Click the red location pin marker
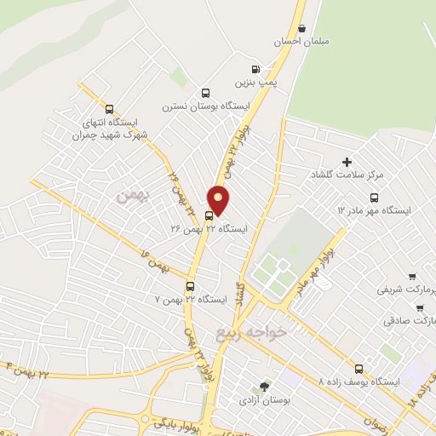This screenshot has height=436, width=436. pos(220,200)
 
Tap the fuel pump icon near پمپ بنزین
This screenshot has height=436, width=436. pos(255,70)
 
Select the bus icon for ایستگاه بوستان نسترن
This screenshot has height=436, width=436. pos(204,93)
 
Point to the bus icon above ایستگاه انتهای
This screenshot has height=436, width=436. pos(108,108)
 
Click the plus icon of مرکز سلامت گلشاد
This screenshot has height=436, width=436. pos(347,162)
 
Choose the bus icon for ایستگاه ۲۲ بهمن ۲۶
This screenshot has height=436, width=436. pos(209,215)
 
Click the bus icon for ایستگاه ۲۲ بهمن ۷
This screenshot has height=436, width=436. pos(189,287)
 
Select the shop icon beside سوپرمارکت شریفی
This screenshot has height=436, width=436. pos(412,277)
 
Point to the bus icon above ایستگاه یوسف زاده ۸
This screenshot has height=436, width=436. pos(358,370)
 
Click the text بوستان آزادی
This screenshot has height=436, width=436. pos(265,399)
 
